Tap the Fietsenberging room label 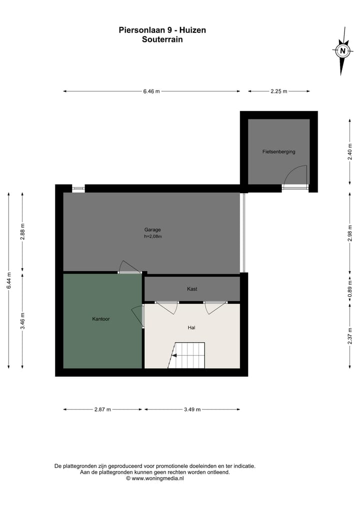click(x=278, y=151)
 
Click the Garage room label click(x=152, y=230)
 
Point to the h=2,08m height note click(x=152, y=237)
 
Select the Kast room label click(x=192, y=289)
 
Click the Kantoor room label click(x=101, y=318)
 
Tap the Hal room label click(x=191, y=328)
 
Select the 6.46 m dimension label click(x=151, y=91)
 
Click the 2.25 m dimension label click(x=278, y=91)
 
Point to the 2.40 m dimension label click(x=350, y=152)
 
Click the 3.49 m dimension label click(x=192, y=410)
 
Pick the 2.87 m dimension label click(x=102, y=410)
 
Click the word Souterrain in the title click(x=162, y=39)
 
